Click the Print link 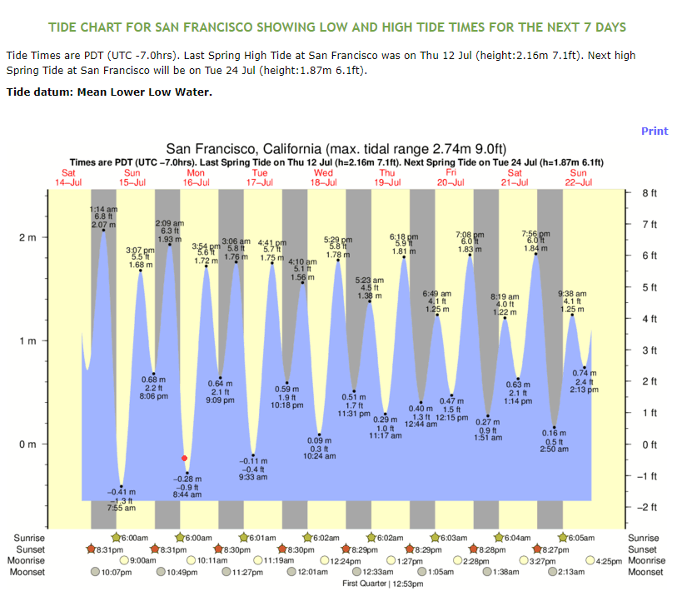pos(654,131)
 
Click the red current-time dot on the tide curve pos(185,458)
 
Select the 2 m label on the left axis pos(27,237)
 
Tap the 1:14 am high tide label pos(102,209)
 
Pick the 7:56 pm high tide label pos(535,234)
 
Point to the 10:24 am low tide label pos(320,456)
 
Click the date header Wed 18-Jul pos(323,176)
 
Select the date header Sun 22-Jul pos(578,176)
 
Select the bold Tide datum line pos(109,91)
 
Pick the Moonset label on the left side pos(29,572)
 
